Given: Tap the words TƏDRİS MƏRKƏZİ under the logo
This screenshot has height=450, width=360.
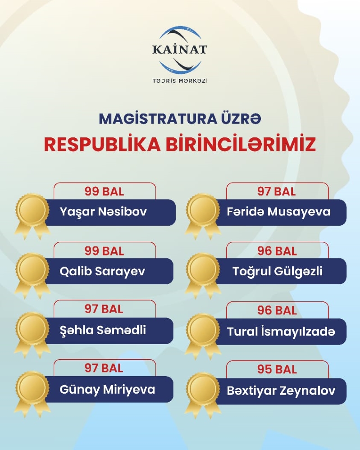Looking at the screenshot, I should point(180,81).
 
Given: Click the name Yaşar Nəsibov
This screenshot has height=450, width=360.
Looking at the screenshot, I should point(103,212).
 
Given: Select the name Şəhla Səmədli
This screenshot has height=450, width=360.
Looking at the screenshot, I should point(103,330).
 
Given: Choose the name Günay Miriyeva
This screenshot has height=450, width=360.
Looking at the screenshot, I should point(107,389).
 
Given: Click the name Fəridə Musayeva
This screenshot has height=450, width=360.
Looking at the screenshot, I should point(279,212).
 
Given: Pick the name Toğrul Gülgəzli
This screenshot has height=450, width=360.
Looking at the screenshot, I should point(278,271).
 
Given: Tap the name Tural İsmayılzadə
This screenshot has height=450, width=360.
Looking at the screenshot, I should point(281,332).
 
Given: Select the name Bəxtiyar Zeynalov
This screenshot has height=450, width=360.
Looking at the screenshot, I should point(281,390).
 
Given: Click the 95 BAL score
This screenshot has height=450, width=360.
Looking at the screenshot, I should point(277,369).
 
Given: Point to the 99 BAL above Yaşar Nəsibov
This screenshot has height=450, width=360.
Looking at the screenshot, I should point(104,191).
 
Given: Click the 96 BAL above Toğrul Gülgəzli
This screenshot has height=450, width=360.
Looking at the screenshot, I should point(277,251).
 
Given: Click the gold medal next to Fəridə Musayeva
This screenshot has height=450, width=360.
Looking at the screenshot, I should point(203,212).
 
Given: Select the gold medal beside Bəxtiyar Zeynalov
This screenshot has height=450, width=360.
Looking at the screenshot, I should point(203,390).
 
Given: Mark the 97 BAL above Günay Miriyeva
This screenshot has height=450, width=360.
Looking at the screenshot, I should point(104,368).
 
